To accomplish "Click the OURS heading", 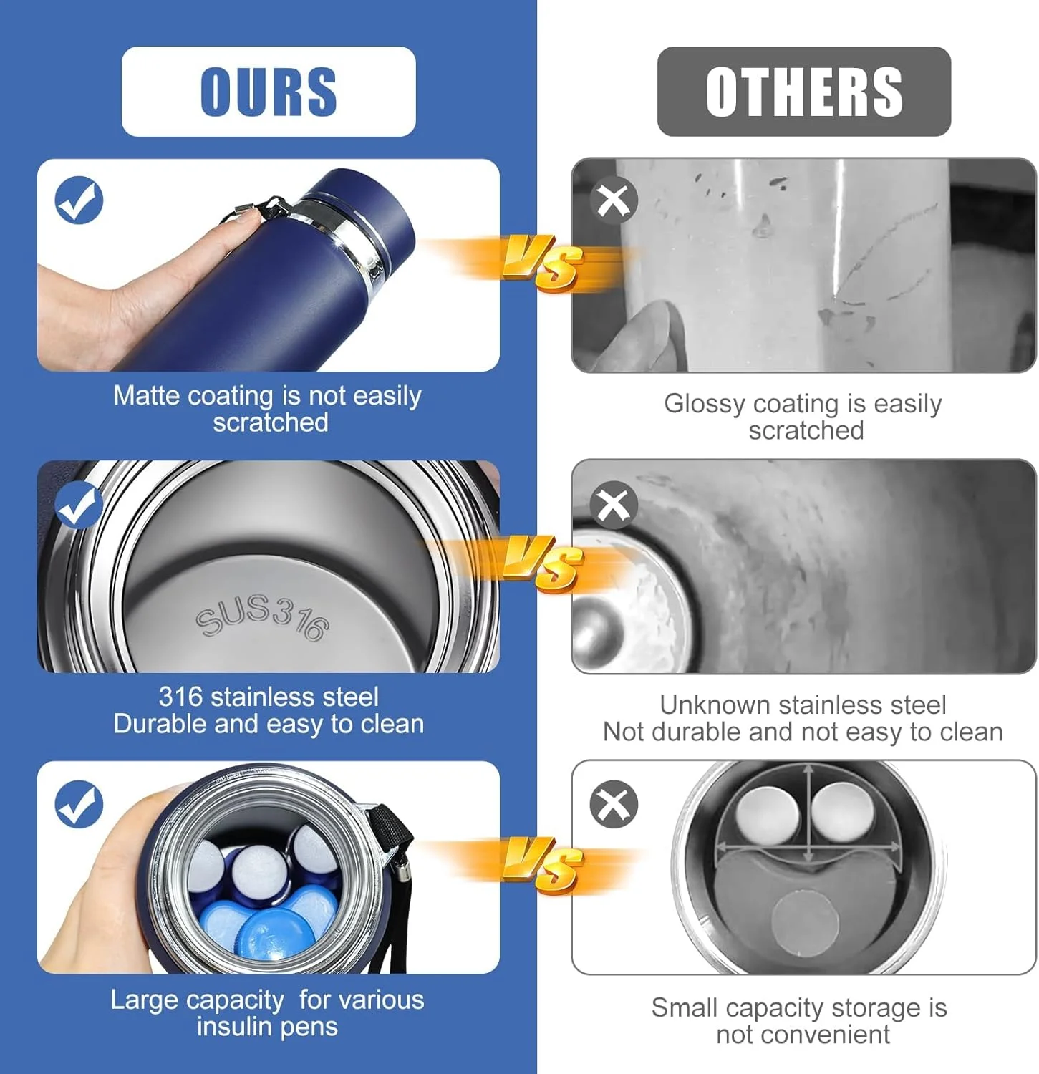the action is click(269, 92).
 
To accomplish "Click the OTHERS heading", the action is click(804, 92).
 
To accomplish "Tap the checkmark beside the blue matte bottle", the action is click(79, 200).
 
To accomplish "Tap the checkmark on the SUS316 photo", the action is click(79, 505).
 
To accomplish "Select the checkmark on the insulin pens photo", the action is click(79, 804).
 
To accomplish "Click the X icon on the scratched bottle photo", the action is click(614, 200).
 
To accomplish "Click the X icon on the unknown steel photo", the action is click(614, 505).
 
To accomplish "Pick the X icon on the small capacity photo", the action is click(614, 804).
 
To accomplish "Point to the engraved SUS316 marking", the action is click(263, 616).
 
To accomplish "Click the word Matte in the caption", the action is click(147, 395).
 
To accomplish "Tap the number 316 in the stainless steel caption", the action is click(181, 697).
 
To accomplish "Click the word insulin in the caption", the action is click(234, 1027).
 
